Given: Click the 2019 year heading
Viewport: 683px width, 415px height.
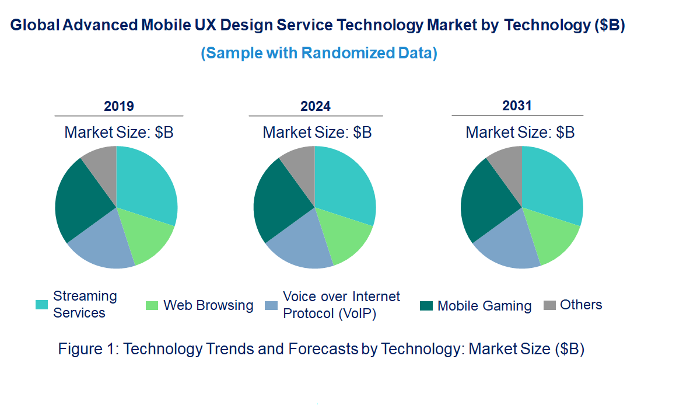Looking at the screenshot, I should (x=119, y=106).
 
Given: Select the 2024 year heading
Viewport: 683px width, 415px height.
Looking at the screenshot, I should (x=316, y=106).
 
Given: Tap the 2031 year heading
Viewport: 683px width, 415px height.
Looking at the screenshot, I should (x=517, y=106).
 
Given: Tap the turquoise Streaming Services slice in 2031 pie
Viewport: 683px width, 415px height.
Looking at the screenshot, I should (x=551, y=187).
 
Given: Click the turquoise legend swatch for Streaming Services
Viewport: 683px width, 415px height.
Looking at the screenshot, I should (x=42, y=305).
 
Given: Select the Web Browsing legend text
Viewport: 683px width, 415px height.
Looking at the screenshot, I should (x=208, y=305).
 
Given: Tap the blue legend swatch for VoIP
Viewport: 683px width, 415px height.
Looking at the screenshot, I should (x=271, y=305).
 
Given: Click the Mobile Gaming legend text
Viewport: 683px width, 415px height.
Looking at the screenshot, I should (x=484, y=306).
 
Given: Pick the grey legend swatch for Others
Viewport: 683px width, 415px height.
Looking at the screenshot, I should (x=549, y=305).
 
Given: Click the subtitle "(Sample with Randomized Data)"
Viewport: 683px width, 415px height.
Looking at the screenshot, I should (x=319, y=53).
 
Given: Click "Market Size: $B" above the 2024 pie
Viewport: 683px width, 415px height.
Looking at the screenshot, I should (x=317, y=132).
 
